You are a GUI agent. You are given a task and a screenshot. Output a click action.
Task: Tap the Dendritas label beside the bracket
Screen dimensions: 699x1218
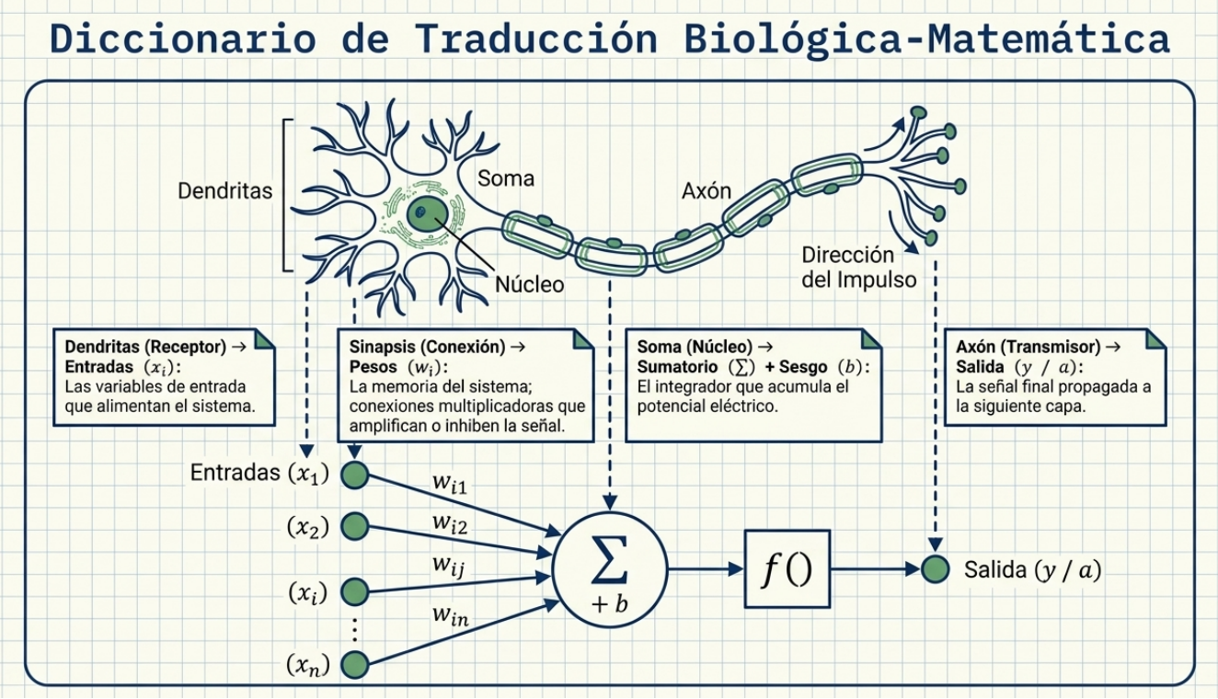225,191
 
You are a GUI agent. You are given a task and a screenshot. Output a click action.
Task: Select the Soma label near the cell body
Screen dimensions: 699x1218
506,178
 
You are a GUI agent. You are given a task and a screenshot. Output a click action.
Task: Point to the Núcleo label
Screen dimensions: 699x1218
529,284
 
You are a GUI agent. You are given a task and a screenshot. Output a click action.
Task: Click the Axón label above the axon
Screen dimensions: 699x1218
707,190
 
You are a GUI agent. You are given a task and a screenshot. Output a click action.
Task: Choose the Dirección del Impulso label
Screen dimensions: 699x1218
858,267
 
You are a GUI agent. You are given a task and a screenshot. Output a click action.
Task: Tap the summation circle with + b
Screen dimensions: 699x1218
609,568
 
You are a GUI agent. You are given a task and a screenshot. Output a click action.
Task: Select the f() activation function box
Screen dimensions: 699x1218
787,569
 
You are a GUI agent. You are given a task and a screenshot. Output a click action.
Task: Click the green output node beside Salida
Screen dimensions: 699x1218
935,569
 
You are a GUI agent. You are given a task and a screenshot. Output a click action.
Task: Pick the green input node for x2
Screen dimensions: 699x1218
355,526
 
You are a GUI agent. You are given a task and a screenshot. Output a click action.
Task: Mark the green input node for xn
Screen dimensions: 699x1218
355,665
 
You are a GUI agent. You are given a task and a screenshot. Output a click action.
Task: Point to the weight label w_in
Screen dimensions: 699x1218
451,616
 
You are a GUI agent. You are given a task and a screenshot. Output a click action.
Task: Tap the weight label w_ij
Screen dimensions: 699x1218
450,564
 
